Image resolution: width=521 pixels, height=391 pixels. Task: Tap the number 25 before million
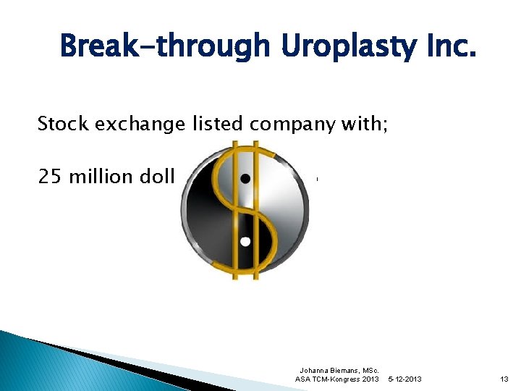50,177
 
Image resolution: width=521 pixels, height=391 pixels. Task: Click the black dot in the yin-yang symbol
246,178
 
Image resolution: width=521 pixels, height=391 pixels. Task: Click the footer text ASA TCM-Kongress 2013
338,379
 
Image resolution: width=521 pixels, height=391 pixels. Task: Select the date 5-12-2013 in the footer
406,379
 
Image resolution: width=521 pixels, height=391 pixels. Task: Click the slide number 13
504,379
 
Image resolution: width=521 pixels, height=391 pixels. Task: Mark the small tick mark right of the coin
317,178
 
